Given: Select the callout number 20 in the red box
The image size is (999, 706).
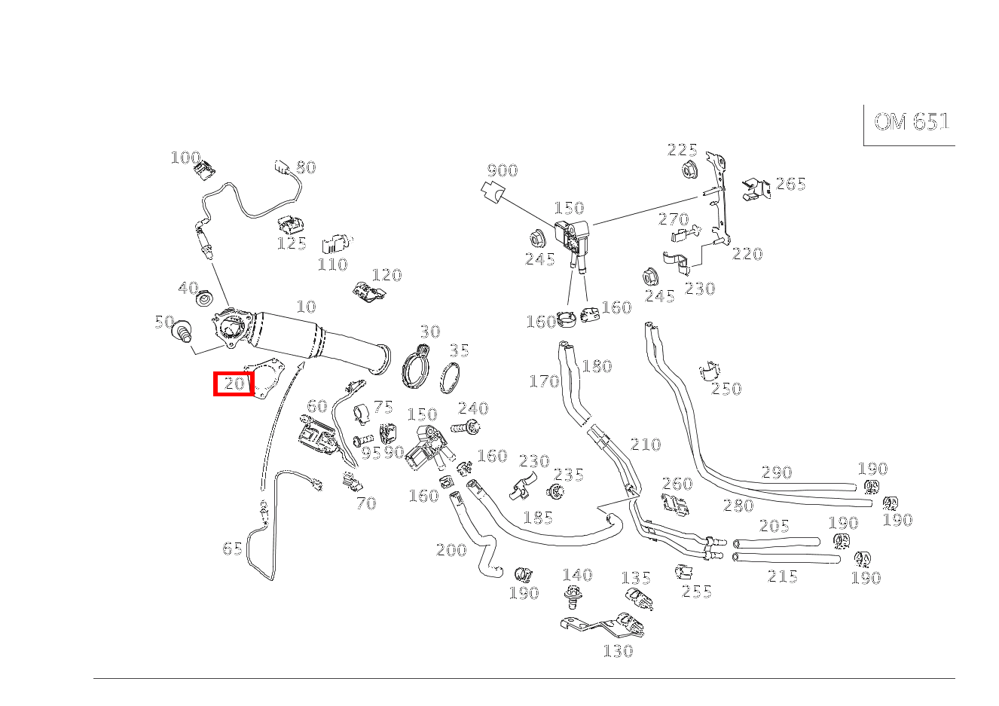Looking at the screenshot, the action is coord(234,384).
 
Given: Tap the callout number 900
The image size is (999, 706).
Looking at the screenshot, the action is coord(503,170).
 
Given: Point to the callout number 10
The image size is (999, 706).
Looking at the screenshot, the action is coord(307,307).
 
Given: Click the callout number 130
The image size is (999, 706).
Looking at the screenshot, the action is coord(618,652).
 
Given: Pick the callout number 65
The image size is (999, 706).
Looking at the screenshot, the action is coord(232,549).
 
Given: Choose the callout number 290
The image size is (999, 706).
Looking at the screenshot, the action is coord(777,472).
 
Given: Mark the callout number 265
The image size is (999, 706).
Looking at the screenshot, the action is coord(791,184).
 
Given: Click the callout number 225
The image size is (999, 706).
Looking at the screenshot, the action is coord(682,150).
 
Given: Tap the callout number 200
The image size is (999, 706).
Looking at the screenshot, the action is coord(451,550).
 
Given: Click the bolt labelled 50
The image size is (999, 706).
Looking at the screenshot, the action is coord(183,331).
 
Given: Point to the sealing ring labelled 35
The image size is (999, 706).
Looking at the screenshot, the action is coord(450,378).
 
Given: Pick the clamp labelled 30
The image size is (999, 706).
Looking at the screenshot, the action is coord(416,367).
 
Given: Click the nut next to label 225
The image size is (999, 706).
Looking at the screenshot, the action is coord(691,170).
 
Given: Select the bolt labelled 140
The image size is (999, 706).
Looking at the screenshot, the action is coord(573,597).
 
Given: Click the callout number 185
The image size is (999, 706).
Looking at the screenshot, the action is coord(538,518).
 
